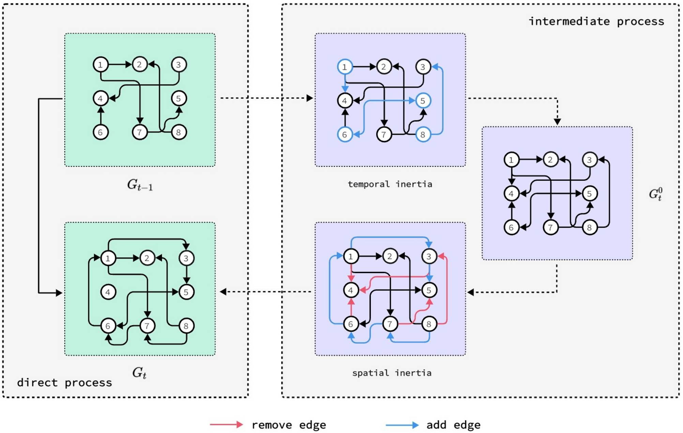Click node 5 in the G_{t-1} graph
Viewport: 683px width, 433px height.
[x=179, y=99]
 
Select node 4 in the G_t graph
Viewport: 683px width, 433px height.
[x=108, y=292]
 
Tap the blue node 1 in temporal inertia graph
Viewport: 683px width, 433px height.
[x=345, y=67]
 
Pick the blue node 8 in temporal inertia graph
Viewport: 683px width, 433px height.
[x=423, y=134]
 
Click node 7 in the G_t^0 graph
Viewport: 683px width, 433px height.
[x=550, y=227]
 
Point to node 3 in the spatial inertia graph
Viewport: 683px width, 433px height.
[x=429, y=256]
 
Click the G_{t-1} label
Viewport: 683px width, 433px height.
[x=140, y=185]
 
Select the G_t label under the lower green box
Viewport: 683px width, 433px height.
[x=139, y=373]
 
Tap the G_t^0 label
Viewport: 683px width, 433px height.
[x=655, y=194]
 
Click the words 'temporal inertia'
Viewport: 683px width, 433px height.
[x=390, y=184]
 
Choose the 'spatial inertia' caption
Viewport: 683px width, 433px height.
[x=392, y=373]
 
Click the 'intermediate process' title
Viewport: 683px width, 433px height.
[x=596, y=21]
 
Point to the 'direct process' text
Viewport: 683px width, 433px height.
[x=64, y=383]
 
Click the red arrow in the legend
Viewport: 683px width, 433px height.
[x=226, y=424]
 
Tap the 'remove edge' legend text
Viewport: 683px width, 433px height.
[x=289, y=425]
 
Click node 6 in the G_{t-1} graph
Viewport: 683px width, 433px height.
[x=101, y=132]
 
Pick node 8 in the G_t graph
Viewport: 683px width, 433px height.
[x=186, y=326]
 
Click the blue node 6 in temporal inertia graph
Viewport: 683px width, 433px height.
[x=345, y=134]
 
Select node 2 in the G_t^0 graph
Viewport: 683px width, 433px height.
[x=550, y=160]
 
